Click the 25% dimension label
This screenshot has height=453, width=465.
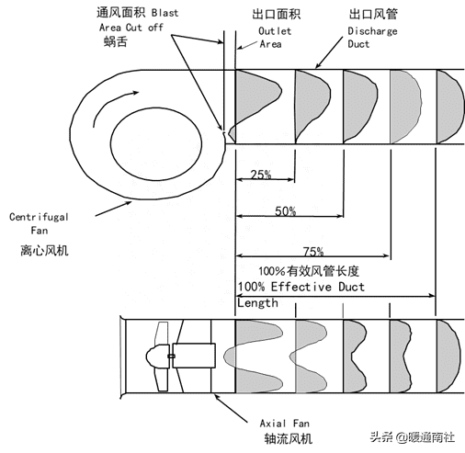(261, 175)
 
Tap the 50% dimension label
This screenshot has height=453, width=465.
(286, 211)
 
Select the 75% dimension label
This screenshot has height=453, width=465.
(313, 252)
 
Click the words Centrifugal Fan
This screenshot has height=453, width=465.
(39, 223)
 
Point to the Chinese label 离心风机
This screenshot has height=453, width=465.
(44, 251)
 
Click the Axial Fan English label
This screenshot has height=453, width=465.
(285, 424)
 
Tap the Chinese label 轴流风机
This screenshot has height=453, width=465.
(289, 438)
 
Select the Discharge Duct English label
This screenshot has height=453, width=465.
(372, 38)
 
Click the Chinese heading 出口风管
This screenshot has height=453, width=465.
(373, 14)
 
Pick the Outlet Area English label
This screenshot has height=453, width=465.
(275, 38)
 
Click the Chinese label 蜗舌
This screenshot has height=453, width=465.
(116, 41)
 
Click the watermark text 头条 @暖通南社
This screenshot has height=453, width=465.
(413, 436)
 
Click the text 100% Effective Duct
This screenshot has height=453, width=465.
(301, 287)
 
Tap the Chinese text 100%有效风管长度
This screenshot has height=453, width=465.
(309, 271)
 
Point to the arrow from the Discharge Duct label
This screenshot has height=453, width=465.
(329, 52)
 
